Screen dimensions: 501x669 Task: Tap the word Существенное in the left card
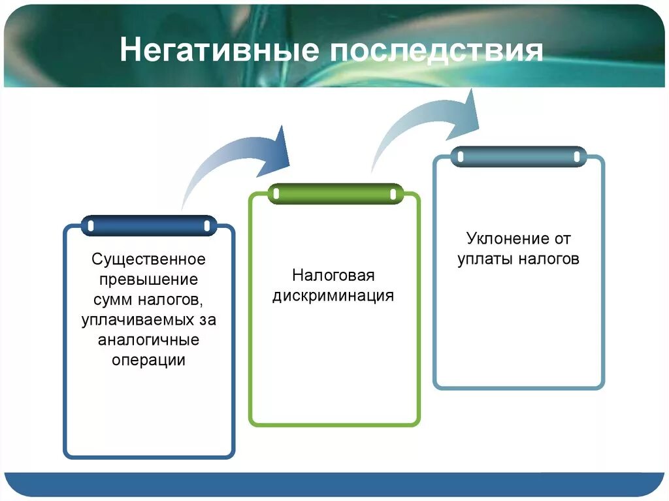pos(148,259)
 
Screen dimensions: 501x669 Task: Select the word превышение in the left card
pos(148,280)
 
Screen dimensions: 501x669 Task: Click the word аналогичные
pos(148,340)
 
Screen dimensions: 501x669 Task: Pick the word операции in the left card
pos(148,361)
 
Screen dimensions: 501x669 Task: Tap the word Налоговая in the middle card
pos(333,275)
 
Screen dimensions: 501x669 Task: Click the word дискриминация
pos(333,295)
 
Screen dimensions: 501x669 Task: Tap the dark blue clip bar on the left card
pos(149,225)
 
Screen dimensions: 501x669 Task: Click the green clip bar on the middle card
pos(334,194)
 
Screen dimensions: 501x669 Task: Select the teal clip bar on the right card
pos(519,157)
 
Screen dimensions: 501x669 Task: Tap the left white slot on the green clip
pos(276,194)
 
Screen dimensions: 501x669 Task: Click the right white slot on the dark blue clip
pos(207,225)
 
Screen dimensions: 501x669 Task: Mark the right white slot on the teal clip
pos(577,157)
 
